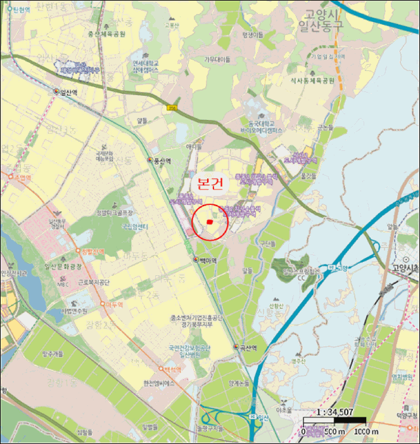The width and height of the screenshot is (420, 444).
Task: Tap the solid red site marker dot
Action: tap(209, 221)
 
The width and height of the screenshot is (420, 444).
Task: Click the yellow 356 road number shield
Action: tap(171, 108)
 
